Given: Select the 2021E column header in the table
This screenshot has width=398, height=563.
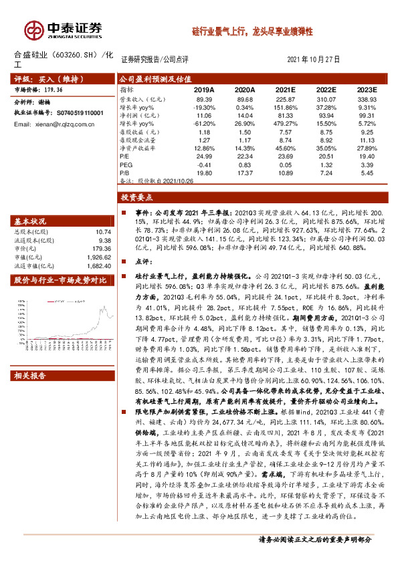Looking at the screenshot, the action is (286, 90).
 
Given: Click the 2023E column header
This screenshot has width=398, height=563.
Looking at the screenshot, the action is (367, 90).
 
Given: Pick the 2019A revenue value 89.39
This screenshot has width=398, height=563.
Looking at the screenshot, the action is (204, 99).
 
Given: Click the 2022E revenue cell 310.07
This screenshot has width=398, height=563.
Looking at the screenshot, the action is (326, 99).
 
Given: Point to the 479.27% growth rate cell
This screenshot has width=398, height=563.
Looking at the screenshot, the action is (286, 124).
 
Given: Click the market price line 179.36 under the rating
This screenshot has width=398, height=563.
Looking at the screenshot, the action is (48, 89).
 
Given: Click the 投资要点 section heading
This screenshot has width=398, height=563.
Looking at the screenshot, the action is (138, 197).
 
